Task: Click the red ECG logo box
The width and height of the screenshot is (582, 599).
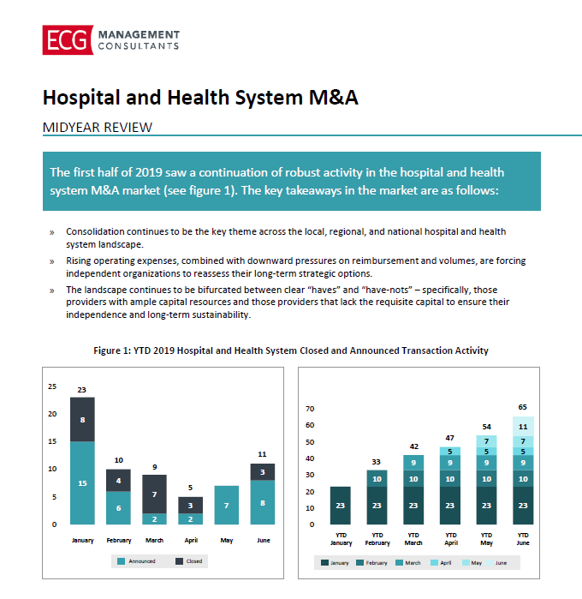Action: (x=68, y=40)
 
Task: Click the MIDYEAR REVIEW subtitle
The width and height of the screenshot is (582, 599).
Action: (x=98, y=127)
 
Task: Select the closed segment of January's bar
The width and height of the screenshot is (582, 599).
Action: (x=82, y=419)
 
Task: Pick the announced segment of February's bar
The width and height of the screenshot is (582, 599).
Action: (x=118, y=507)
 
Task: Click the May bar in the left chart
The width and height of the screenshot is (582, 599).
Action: (x=227, y=505)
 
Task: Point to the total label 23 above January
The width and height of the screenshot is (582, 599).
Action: (x=82, y=390)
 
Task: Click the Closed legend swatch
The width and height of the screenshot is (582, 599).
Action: (x=179, y=561)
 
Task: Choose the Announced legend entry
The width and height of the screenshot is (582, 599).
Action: (x=136, y=561)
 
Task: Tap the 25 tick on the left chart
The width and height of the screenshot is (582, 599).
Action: (x=52, y=386)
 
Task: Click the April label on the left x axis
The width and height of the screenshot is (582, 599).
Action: (x=191, y=540)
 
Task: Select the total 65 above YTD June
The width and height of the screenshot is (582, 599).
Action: (x=522, y=407)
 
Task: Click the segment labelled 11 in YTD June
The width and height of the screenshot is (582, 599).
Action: (x=523, y=427)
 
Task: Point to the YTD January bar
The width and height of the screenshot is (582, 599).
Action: (x=341, y=506)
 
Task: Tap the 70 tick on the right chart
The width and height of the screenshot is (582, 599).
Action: (x=310, y=409)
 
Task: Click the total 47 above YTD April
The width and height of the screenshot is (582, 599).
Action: (x=450, y=438)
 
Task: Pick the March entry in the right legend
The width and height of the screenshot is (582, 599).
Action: (x=408, y=563)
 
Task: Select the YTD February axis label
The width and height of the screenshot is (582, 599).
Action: (x=377, y=539)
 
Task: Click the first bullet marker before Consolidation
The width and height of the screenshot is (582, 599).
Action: (x=52, y=232)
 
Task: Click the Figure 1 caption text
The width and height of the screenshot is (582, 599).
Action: (x=291, y=350)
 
